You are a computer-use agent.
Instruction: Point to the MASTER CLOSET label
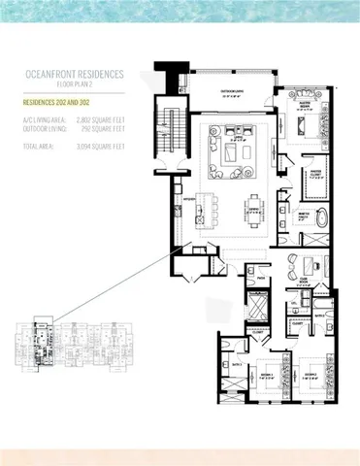tap(316, 176)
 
